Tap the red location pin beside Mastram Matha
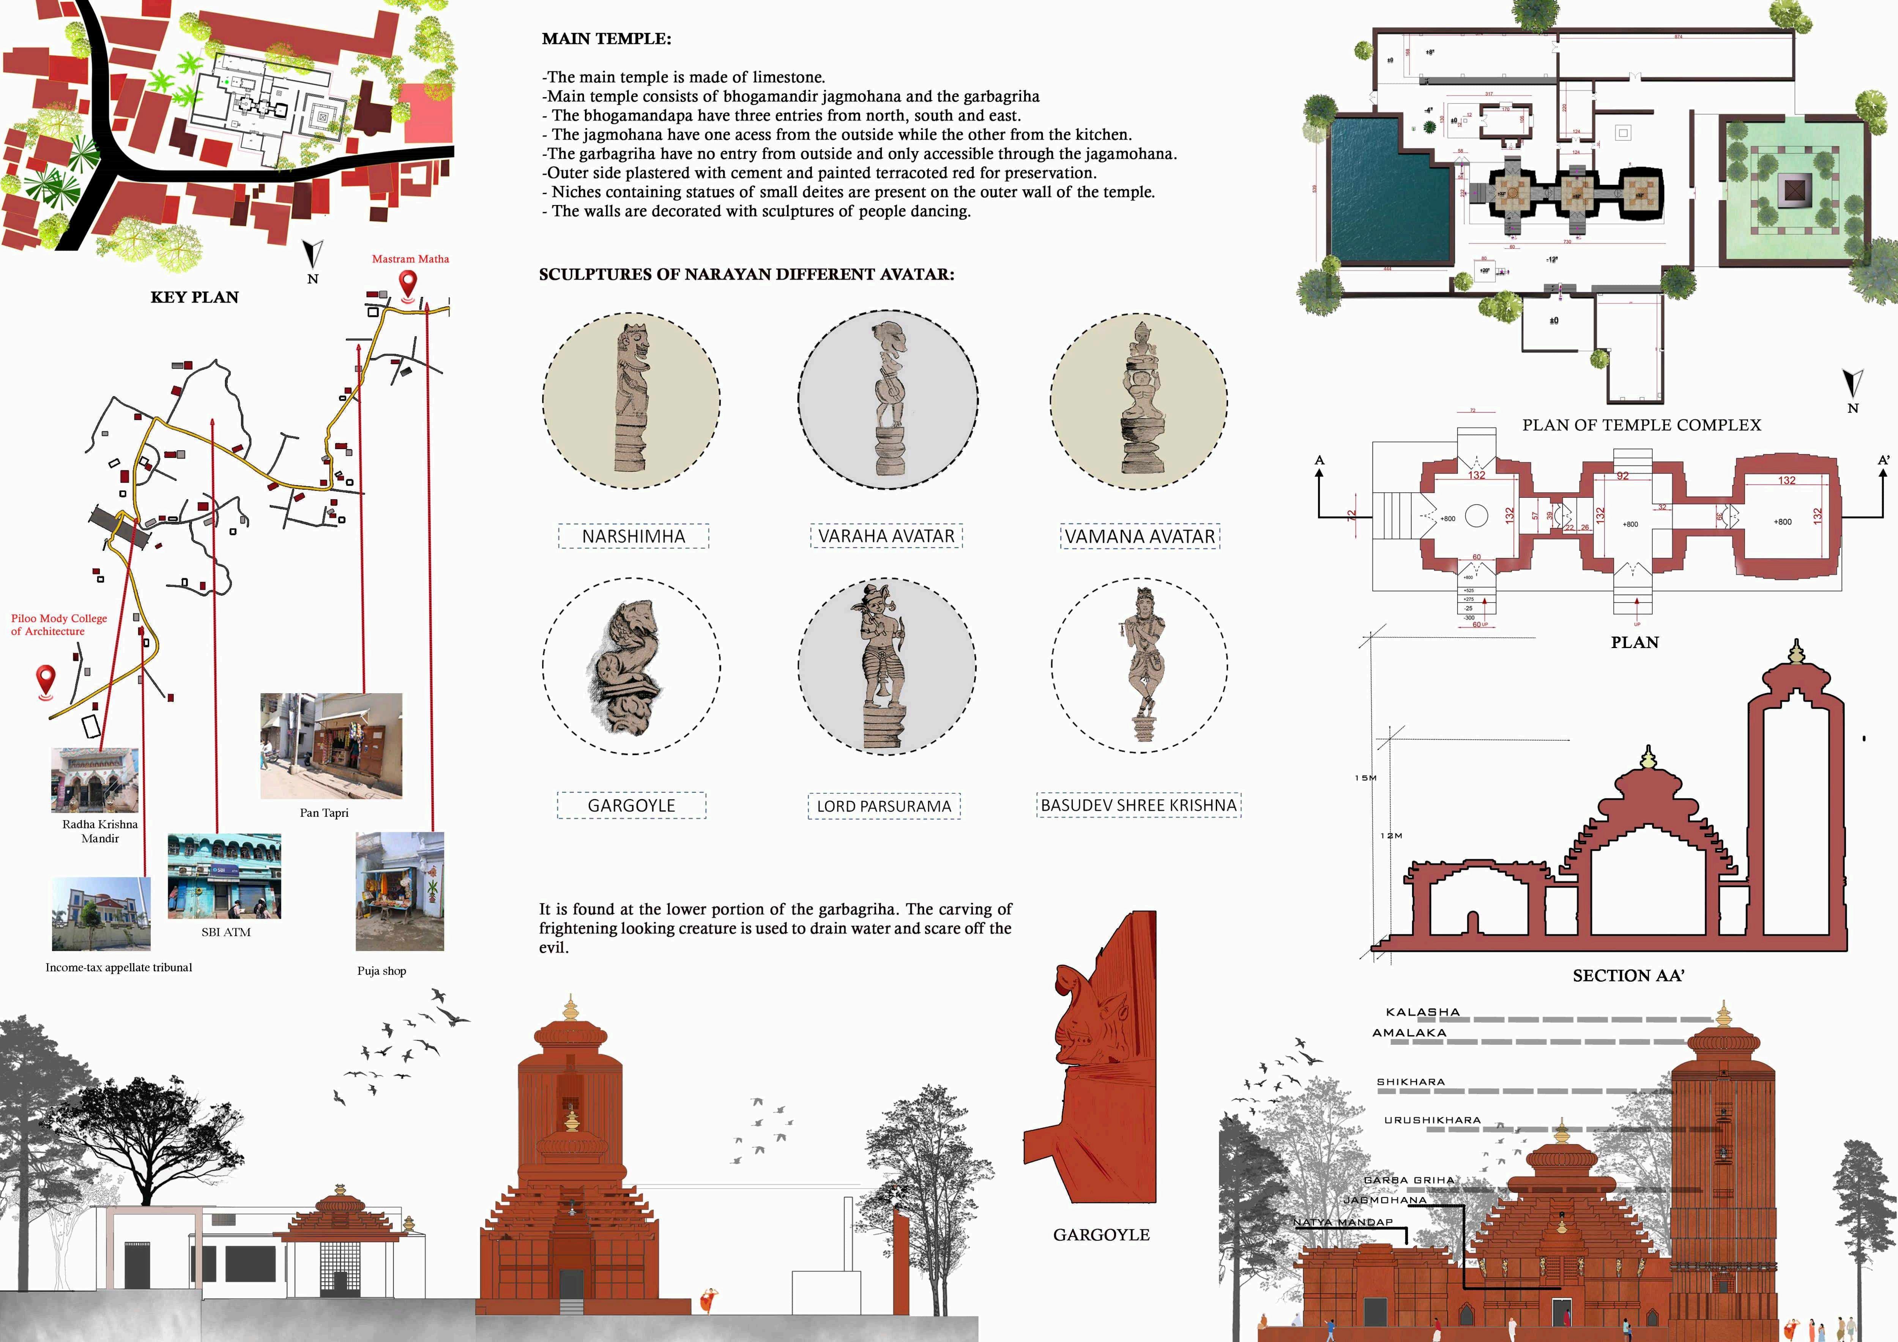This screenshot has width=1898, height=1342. [x=408, y=284]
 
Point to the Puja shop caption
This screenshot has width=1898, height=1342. [x=381, y=971]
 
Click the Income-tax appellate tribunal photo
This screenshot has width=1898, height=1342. [x=101, y=914]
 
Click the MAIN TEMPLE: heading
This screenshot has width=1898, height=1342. [x=606, y=39]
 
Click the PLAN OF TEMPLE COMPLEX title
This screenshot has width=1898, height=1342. [x=1641, y=425]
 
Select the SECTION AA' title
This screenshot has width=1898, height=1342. [x=1628, y=976]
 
